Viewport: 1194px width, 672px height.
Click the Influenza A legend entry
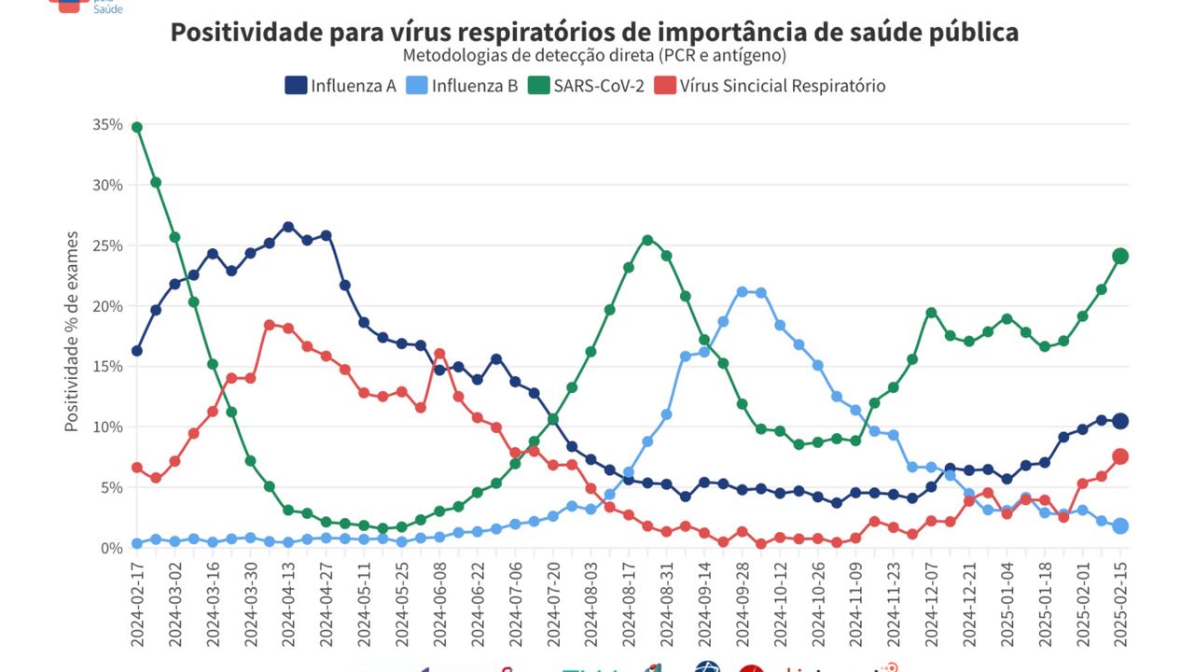point(341,86)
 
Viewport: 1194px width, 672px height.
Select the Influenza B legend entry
point(463,86)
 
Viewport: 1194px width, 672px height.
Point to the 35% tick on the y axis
point(108,125)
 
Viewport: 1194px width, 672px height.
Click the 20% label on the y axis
point(108,306)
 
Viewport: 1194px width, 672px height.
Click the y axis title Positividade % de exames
point(72,331)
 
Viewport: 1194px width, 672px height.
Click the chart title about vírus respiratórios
point(594,32)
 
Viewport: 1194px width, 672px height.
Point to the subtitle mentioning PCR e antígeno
point(594,56)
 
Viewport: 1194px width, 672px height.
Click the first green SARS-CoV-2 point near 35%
point(137,127)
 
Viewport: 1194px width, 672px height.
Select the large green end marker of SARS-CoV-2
point(1120,256)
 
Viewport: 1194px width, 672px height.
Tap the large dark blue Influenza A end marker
point(1120,421)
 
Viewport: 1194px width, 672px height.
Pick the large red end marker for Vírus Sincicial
point(1120,456)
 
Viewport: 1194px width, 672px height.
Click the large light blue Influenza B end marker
point(1120,525)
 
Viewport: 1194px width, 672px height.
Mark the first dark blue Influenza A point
point(137,351)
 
